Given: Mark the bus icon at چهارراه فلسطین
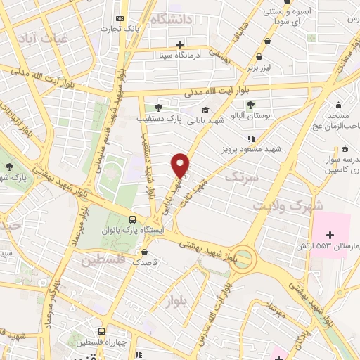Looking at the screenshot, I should point(103,331).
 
